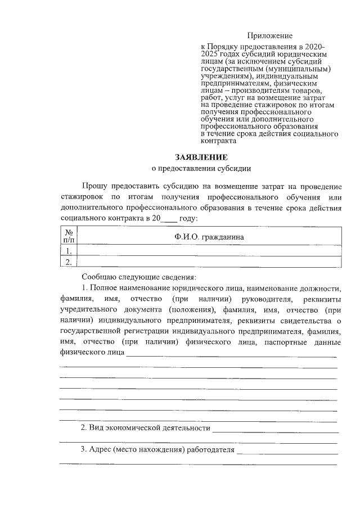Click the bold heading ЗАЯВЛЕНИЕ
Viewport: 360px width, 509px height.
tap(201, 157)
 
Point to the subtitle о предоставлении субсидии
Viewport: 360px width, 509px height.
tap(201, 168)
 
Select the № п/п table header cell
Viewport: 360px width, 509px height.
tap(69, 236)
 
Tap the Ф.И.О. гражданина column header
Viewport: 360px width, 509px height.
tap(209, 237)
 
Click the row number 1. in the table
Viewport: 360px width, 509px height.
tap(69, 251)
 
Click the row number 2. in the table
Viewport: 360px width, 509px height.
tap(69, 262)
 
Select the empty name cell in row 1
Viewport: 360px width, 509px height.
tap(209, 251)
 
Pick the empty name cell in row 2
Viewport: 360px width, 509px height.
tap(209, 262)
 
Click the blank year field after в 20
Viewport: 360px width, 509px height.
tap(169, 219)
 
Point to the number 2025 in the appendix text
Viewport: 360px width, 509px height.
tap(211, 54)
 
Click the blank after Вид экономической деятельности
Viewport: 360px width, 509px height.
tap(275, 429)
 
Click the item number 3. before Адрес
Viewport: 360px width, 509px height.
tap(84, 449)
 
